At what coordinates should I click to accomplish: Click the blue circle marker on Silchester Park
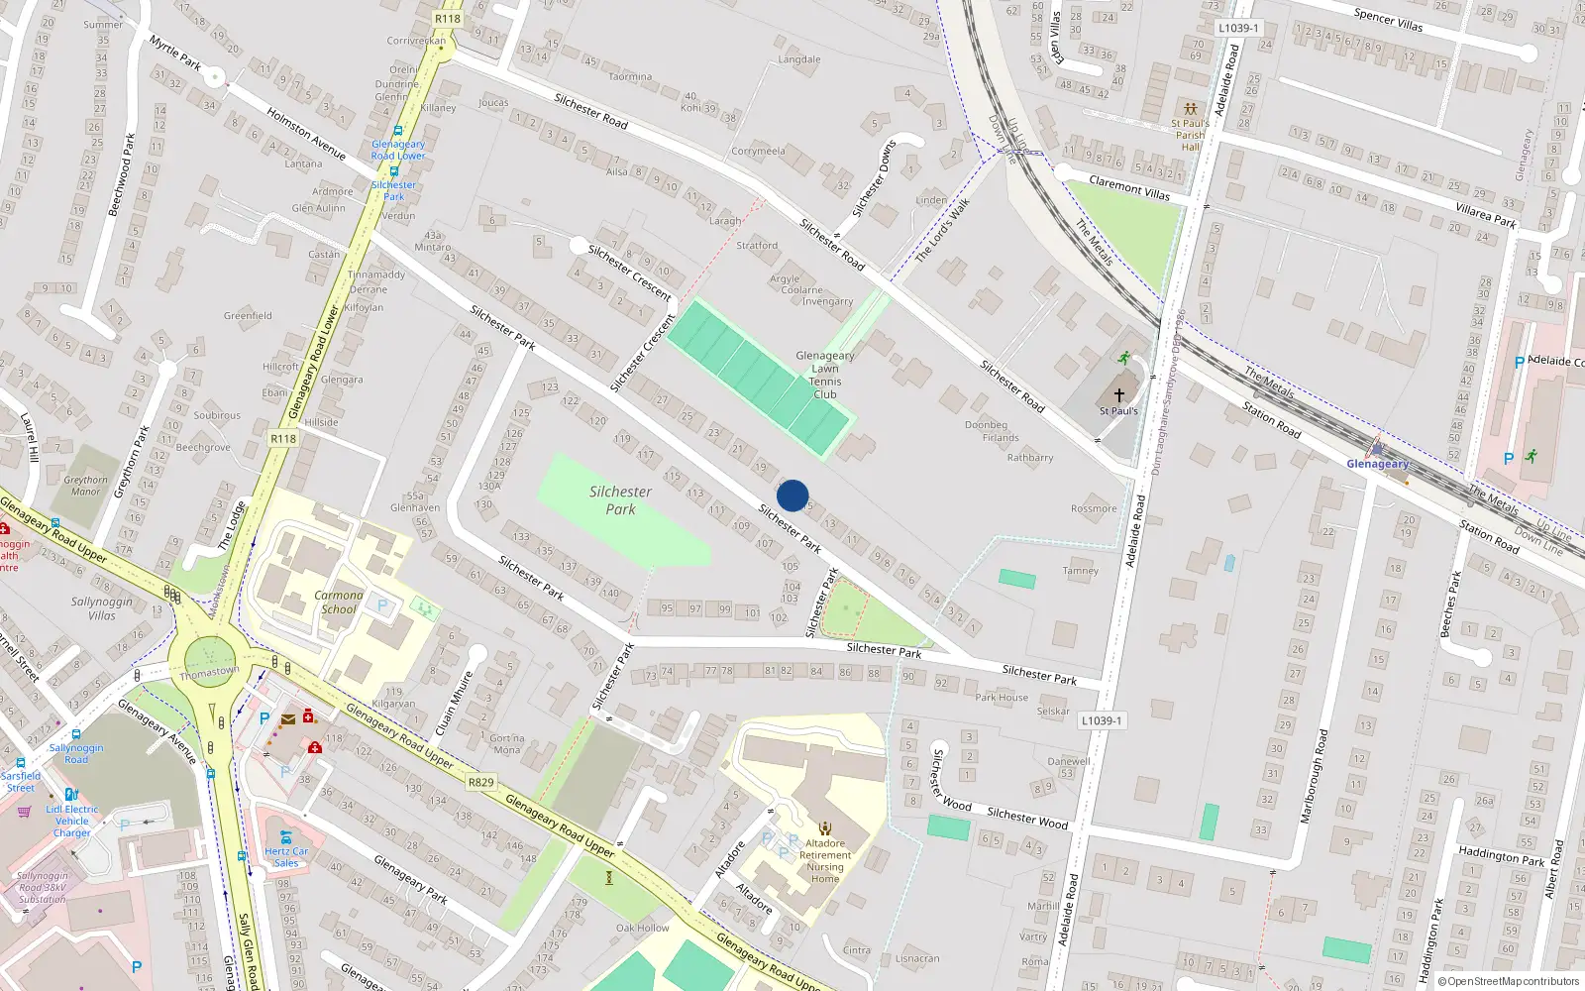click(792, 495)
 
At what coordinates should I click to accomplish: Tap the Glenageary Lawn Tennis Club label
click(825, 375)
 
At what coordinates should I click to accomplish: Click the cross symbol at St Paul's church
click(1119, 394)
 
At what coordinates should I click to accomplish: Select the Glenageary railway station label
click(1377, 464)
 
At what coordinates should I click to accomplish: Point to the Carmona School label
click(339, 603)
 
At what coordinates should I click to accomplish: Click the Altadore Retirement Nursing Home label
click(825, 860)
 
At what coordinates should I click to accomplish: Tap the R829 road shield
click(480, 782)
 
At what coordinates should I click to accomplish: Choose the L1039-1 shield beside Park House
click(1102, 720)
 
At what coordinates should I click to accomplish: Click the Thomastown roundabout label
click(209, 672)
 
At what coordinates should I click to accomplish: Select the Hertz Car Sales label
click(286, 857)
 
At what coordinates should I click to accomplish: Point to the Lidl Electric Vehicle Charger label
click(72, 821)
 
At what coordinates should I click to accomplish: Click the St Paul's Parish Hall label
click(1190, 135)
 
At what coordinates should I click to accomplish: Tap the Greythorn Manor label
click(86, 486)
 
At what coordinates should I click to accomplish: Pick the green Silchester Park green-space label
click(620, 499)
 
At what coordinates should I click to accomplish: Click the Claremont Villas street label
click(1129, 187)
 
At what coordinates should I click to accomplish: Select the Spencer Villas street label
click(1388, 19)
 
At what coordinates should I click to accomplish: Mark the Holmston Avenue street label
click(306, 135)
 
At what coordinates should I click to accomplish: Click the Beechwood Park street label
click(120, 174)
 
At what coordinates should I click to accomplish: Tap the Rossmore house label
click(1094, 508)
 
